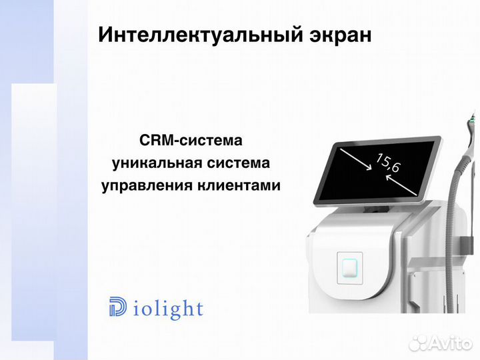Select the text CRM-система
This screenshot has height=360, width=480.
pos(191,141)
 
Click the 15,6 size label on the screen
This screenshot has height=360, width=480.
pos(387,163)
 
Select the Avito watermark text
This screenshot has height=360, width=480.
pos(451,343)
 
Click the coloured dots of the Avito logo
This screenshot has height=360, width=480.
pos(419,343)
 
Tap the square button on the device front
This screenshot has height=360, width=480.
pos(351,266)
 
